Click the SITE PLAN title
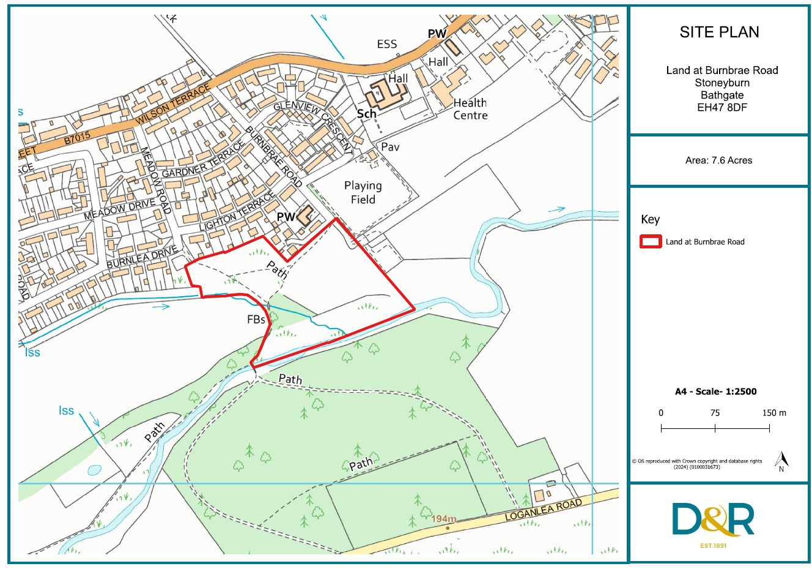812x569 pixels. [719, 32]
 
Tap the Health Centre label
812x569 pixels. [470, 109]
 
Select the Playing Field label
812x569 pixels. [363, 192]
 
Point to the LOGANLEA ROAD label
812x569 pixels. [543, 510]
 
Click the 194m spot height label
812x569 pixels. [444, 519]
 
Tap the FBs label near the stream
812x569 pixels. [256, 319]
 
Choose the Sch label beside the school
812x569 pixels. [366, 114]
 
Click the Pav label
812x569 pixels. [390, 147]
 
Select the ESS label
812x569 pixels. [386, 44]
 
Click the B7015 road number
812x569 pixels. [77, 139]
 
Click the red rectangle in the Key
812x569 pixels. [651, 242]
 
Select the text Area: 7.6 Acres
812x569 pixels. [718, 160]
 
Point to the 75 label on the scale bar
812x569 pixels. [715, 413]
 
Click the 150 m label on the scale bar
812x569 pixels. [773, 413]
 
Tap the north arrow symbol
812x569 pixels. [781, 461]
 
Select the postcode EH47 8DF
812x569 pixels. [722, 108]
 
